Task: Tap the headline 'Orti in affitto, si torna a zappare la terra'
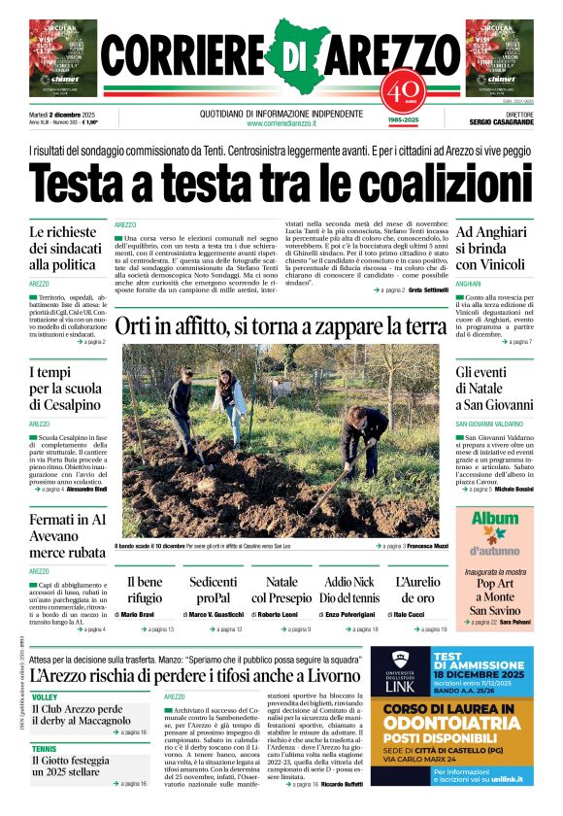coord(281,327)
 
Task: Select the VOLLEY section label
coord(45,697)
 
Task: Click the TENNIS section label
coord(45,749)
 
